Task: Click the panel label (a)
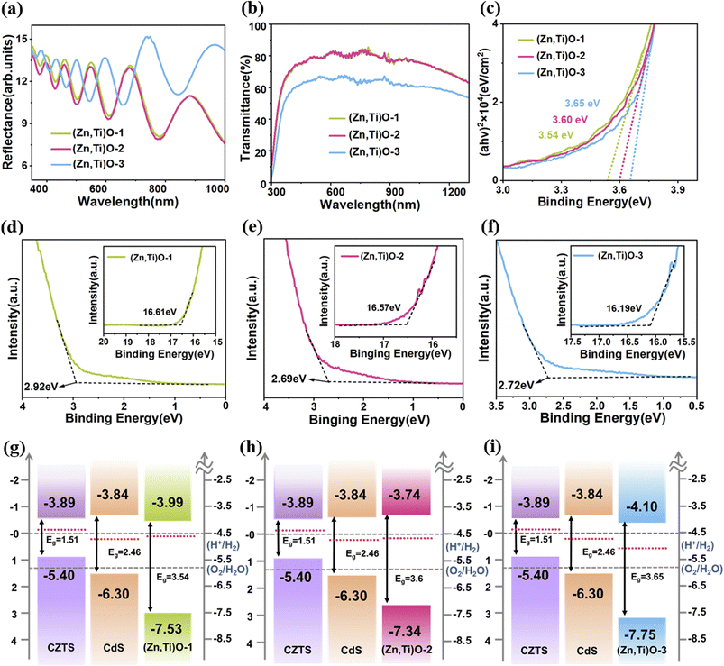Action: click(x=12, y=10)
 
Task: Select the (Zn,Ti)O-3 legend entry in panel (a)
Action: click(x=87, y=164)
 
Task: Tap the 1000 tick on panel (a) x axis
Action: click(x=217, y=188)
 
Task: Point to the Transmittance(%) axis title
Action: click(x=245, y=107)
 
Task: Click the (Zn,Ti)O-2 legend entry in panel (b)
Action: click(x=364, y=135)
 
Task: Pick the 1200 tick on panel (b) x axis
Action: click(x=454, y=192)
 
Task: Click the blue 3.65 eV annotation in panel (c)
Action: click(x=582, y=104)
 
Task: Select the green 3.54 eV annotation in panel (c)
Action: click(x=556, y=135)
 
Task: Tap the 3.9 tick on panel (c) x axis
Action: click(x=677, y=189)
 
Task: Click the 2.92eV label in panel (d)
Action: click(x=41, y=387)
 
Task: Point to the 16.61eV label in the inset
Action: click(x=160, y=312)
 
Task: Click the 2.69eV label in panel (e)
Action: click(x=289, y=379)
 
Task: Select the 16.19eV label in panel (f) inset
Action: click(x=624, y=308)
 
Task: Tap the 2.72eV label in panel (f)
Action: click(x=516, y=385)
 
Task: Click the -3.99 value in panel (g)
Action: click(x=168, y=502)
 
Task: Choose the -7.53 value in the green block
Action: click(x=167, y=629)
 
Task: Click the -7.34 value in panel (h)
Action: click(x=405, y=631)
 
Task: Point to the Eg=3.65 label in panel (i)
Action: click(x=647, y=577)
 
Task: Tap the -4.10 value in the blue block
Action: click(x=642, y=506)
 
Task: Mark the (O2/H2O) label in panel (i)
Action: click(x=701, y=569)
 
